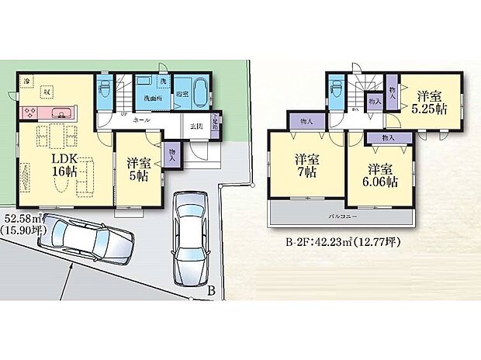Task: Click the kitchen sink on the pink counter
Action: pos(57,115)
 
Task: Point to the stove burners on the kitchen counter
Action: pos(29,114)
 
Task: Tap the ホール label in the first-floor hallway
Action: pos(141,121)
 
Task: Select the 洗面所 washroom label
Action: pos(152,99)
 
